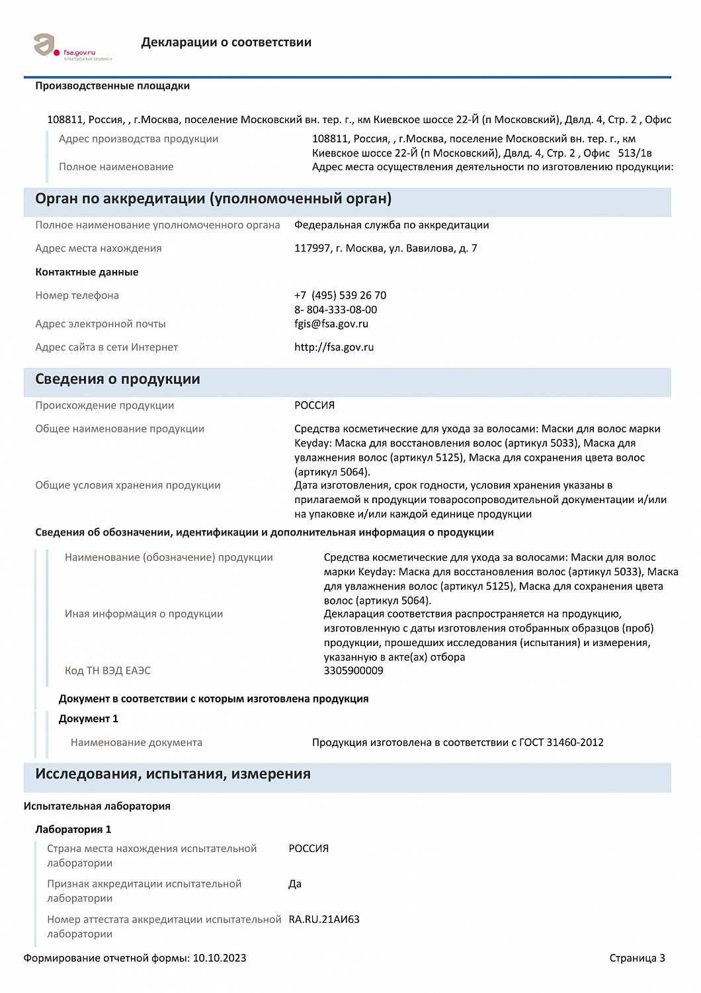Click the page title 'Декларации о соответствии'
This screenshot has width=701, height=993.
click(226, 42)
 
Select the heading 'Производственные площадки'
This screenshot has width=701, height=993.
click(112, 86)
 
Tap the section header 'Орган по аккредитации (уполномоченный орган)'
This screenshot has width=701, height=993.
click(213, 199)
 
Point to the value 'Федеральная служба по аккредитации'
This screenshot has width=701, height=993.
click(392, 225)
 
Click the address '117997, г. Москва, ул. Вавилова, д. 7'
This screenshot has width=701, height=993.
click(386, 248)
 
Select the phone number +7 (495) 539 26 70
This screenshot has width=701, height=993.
click(340, 295)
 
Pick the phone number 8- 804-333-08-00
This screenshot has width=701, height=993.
click(335, 310)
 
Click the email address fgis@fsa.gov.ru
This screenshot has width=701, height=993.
click(331, 324)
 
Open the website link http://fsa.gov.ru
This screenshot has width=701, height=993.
click(334, 347)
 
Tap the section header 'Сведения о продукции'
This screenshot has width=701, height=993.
click(118, 379)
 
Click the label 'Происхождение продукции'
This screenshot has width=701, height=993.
click(104, 405)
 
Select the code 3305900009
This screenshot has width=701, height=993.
click(353, 671)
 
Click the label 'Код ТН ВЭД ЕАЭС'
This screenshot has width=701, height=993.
click(108, 671)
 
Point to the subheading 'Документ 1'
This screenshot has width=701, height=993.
click(89, 719)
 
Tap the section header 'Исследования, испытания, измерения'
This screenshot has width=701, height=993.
click(173, 774)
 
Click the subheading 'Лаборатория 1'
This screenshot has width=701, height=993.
click(73, 829)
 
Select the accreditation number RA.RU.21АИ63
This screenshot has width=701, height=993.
click(324, 920)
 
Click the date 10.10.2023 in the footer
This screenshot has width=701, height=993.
click(220, 958)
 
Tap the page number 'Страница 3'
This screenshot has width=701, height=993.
click(637, 958)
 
